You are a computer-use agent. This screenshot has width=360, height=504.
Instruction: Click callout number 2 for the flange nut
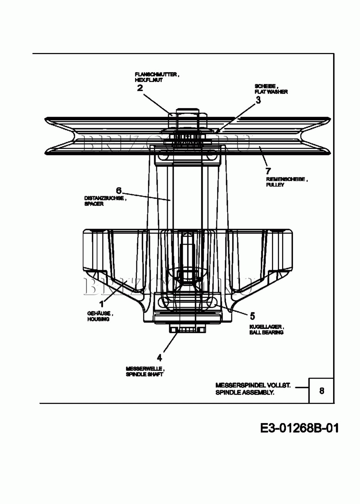pyautogui.click(x=140, y=88)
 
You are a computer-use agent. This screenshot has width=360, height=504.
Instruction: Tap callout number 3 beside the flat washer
pyautogui.click(x=258, y=100)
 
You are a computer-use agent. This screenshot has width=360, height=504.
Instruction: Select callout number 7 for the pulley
pyautogui.click(x=268, y=171)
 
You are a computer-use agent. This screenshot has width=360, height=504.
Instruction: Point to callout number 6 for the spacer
pyautogui.click(x=119, y=191)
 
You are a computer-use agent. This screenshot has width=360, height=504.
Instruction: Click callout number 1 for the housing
pyautogui.click(x=101, y=304)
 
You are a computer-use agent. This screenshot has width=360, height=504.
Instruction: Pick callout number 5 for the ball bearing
pyautogui.click(x=253, y=316)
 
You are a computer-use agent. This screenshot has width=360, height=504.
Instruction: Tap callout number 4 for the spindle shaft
pyautogui.click(x=159, y=358)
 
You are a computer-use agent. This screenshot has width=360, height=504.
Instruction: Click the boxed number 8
pyautogui.click(x=321, y=391)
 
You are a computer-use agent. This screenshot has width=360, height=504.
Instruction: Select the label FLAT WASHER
pyautogui.click(x=271, y=92)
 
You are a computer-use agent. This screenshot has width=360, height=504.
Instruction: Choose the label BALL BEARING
pyautogui.click(x=266, y=333)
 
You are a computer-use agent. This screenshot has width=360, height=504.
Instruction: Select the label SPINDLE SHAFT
pyautogui.click(x=144, y=374)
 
